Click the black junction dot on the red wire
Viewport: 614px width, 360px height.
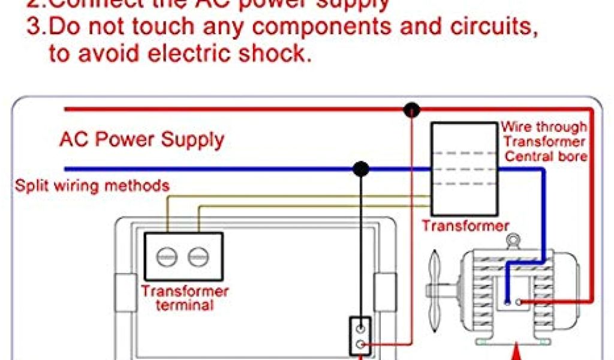pyautogui.click(x=412, y=110)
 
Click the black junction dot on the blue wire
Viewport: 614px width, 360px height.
pyautogui.click(x=360, y=169)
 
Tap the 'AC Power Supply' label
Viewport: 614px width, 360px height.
pyautogui.click(x=142, y=140)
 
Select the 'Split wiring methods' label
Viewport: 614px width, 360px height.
pyautogui.click(x=92, y=185)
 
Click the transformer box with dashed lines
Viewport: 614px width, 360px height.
pyautogui.click(x=464, y=170)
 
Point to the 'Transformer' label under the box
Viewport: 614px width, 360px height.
pyautogui.click(x=465, y=226)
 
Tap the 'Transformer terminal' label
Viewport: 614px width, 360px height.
pyautogui.click(x=185, y=298)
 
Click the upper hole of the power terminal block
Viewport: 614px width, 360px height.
pyautogui.click(x=360, y=329)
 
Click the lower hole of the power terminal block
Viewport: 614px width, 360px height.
pyautogui.click(x=360, y=344)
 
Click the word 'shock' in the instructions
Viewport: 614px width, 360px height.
pyautogui.click(x=276, y=55)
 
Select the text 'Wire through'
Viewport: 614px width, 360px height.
pyautogui.click(x=543, y=127)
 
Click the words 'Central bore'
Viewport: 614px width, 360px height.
pyautogui.click(x=545, y=157)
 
